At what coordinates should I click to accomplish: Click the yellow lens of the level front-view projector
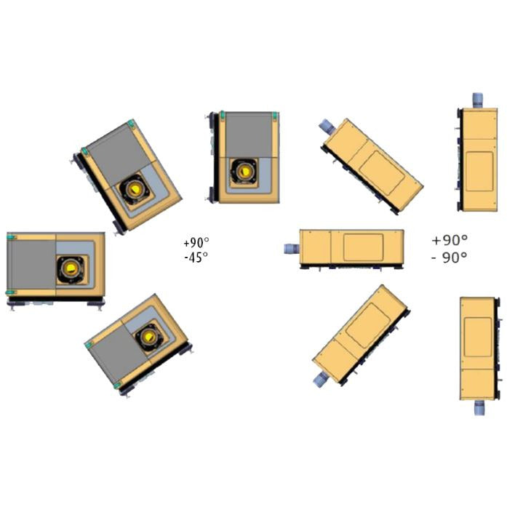pos(71,268)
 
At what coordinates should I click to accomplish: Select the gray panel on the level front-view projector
pos(31,265)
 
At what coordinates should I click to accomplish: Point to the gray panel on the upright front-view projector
pos(248,135)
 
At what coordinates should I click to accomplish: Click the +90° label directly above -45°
pos(196,242)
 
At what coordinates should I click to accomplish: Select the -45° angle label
pos(196,258)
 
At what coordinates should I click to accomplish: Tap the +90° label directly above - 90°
pos(450,240)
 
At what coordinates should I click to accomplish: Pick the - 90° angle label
pos(450,258)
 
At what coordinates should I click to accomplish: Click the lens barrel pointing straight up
pos(478,100)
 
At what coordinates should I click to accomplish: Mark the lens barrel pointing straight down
pos(480,407)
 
